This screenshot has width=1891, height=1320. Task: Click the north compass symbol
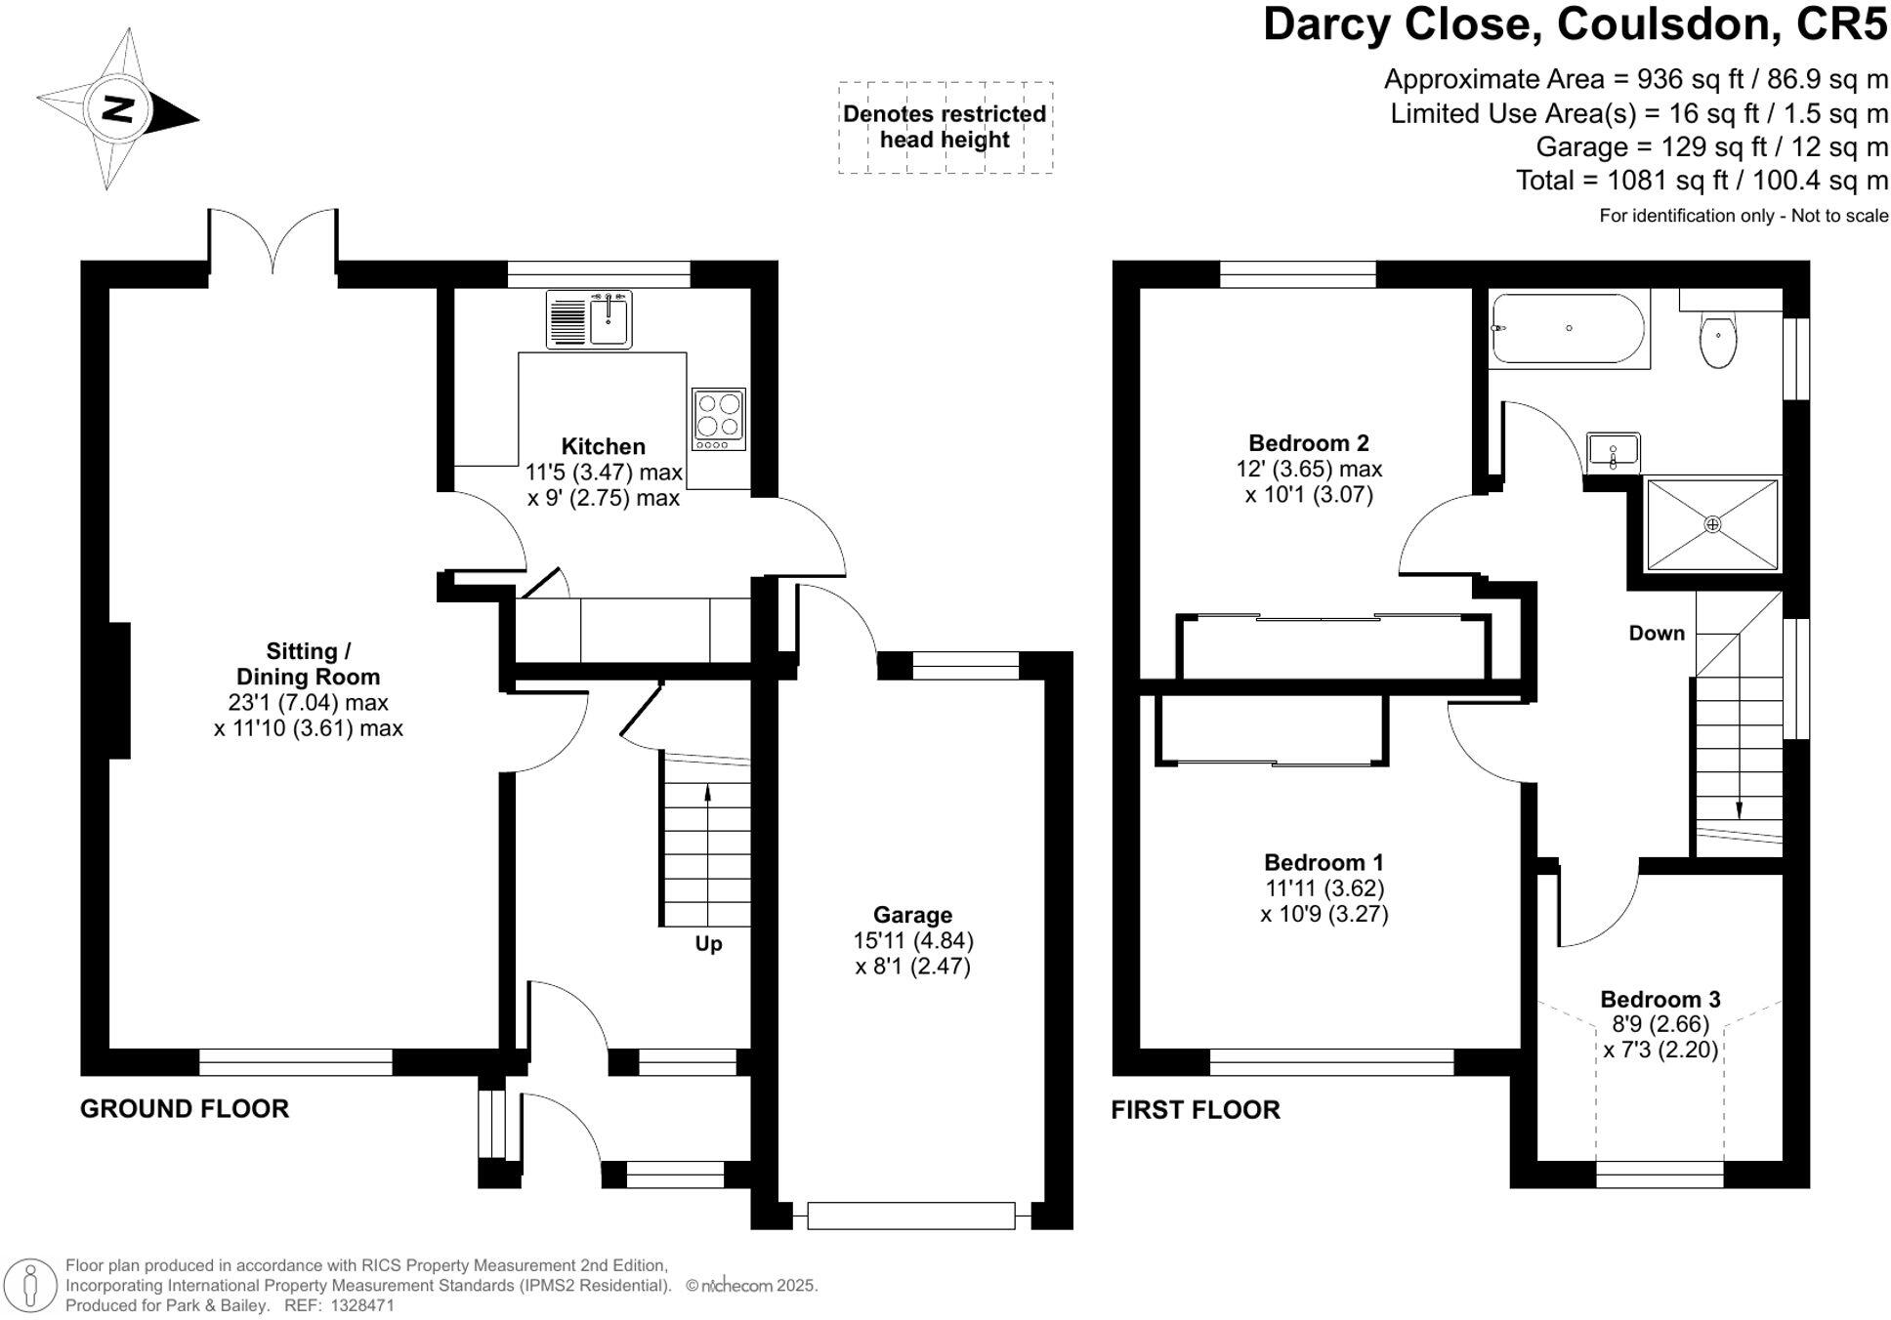coord(117,108)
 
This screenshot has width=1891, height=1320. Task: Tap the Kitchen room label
coord(603,446)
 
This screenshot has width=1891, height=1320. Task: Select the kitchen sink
coord(589,319)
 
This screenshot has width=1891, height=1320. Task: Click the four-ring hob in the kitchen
coord(719,419)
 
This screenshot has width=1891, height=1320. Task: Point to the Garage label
coord(912,915)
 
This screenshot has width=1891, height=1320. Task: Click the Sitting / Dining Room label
coord(308,664)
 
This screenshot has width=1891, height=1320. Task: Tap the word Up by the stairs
coord(708,944)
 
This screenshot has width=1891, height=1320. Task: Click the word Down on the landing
coord(1657,633)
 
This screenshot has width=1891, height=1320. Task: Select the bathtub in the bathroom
coord(1570,329)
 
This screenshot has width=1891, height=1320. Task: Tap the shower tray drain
coord(1712,524)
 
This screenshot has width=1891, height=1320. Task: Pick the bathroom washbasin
coord(1613,451)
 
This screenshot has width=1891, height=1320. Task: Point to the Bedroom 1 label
coord(1324,862)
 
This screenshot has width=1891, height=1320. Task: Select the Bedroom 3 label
coord(1660,999)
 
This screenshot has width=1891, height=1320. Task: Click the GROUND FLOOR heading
coord(185,1109)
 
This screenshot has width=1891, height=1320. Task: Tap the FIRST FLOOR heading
coord(1196,1110)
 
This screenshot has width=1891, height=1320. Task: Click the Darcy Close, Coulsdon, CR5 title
coord(1576,24)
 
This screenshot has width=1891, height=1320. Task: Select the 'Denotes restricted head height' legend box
coord(945,128)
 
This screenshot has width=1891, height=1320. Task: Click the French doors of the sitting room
coord(273,239)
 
